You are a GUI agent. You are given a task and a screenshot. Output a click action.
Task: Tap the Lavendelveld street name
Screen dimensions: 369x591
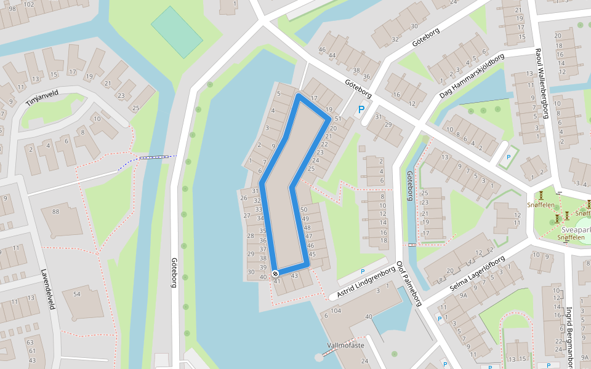coord(47,289)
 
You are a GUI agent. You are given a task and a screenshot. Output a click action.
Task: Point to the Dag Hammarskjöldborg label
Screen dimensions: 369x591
coord(472,76)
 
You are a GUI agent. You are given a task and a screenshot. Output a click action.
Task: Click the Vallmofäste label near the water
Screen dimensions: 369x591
coord(347,346)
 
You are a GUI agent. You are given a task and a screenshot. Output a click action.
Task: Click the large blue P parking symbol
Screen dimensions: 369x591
coord(361,110)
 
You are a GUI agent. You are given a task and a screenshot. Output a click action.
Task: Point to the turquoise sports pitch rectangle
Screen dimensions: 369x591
coord(177,32)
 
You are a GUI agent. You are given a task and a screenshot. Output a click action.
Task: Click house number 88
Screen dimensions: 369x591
coord(55,212)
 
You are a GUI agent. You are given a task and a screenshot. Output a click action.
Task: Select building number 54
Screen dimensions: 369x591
coord(76,295)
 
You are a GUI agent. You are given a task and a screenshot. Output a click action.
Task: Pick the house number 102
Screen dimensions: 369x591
coord(28,4)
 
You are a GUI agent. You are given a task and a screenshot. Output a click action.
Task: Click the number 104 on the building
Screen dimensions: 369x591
coord(336,311)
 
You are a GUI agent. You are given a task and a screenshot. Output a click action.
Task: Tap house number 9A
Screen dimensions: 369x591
coord(464,295)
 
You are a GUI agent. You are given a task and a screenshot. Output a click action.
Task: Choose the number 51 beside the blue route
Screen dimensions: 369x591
coord(337,119)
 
